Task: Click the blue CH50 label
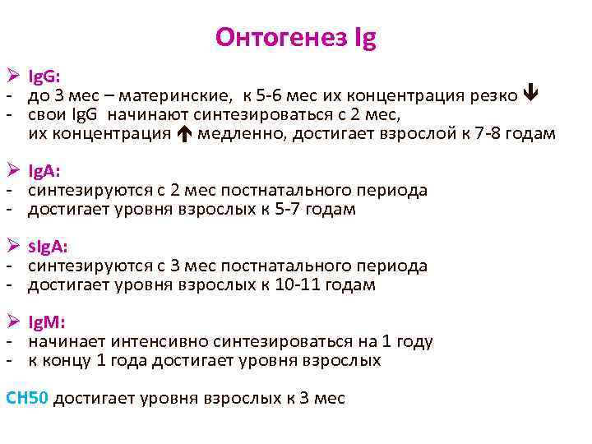click(x=29, y=398)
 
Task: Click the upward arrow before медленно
click(x=184, y=133)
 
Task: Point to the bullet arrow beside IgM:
click(x=12, y=321)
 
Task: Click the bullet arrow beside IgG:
click(x=12, y=76)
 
